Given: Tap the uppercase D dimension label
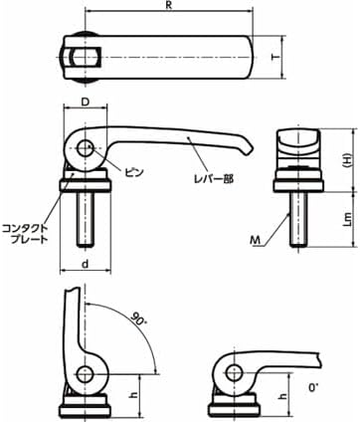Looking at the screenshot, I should pos(85,104).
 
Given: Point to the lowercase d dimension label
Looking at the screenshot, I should pos(84,264).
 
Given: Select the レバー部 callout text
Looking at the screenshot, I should pos(214,179).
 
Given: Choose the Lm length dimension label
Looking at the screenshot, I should pos(345,221).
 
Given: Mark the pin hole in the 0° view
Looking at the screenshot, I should pos(235,372).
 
